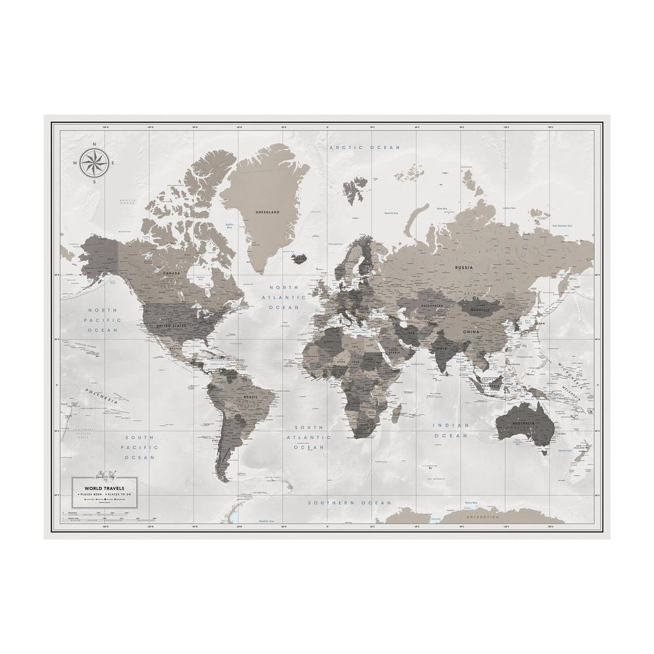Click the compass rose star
click(94, 162)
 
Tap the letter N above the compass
click(94, 144)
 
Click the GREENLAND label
click(267, 213)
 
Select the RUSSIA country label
click(464, 266)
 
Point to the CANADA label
click(171, 273)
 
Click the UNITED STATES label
click(171, 326)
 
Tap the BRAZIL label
click(250, 397)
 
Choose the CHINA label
click(471, 332)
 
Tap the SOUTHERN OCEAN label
click(349, 503)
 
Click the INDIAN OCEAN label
click(451, 430)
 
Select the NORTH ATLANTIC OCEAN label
click(285, 297)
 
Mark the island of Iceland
click(299, 258)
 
